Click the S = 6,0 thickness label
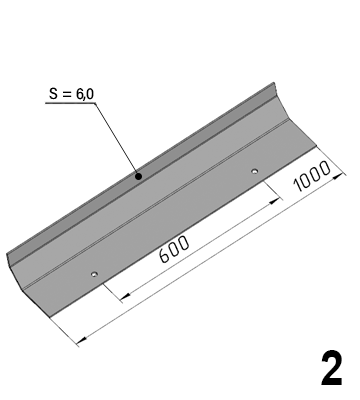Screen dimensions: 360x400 pos(71,94)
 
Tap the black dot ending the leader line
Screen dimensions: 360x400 pos(139,176)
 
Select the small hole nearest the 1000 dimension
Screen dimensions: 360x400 pos(255,171)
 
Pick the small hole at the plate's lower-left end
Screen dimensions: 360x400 pos(94,274)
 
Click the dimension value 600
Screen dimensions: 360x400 pos(175,249)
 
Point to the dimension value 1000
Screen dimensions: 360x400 pos(312,176)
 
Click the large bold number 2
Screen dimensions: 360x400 pos(331,368)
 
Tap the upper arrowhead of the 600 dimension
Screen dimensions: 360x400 pos(274,201)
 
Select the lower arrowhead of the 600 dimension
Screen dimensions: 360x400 pos(125,295)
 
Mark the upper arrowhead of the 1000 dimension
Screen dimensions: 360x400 pos(338,176)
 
